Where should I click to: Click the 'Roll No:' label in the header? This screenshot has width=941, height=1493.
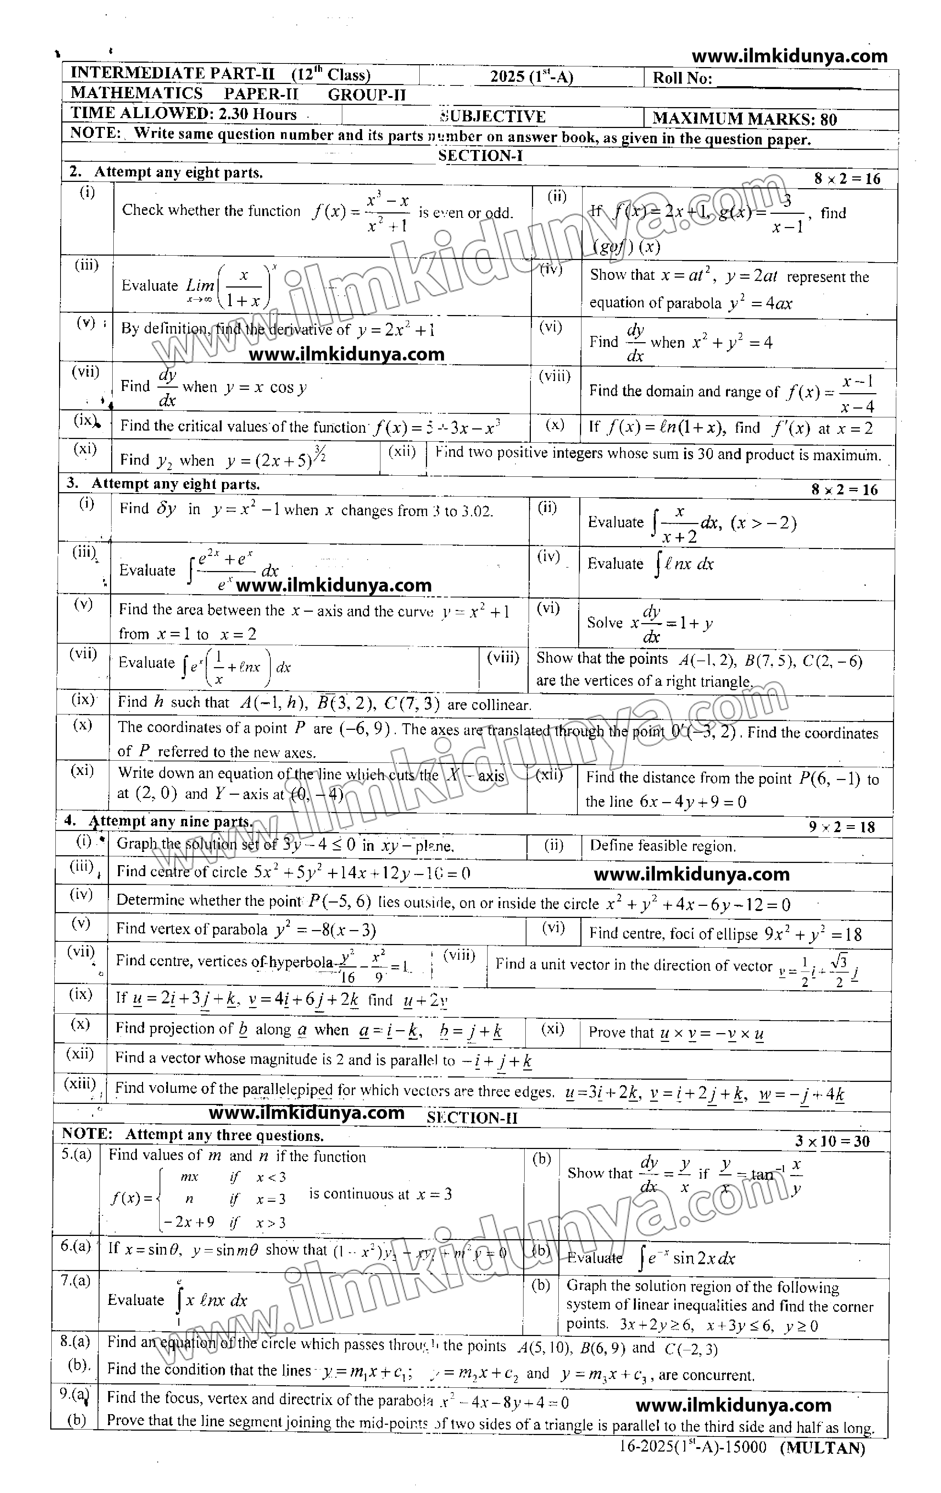click(682, 78)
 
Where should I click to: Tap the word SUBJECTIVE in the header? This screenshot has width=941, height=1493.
click(493, 117)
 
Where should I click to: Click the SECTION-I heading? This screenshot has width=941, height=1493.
click(480, 155)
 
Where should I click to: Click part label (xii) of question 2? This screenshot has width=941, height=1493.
click(402, 451)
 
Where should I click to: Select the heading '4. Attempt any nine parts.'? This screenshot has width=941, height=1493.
click(159, 821)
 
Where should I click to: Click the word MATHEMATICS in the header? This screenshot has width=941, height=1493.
click(136, 94)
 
